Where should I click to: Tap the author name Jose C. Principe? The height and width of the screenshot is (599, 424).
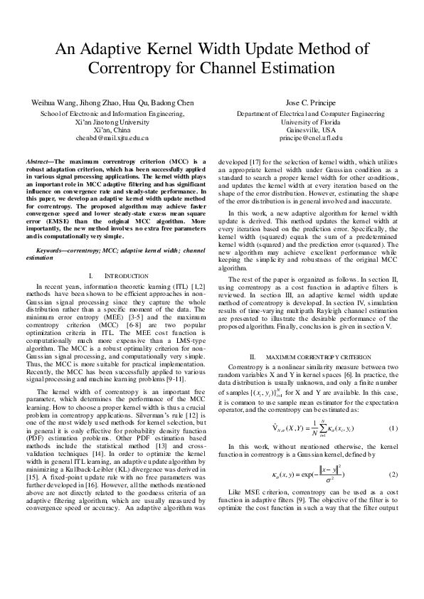click(314, 103)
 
